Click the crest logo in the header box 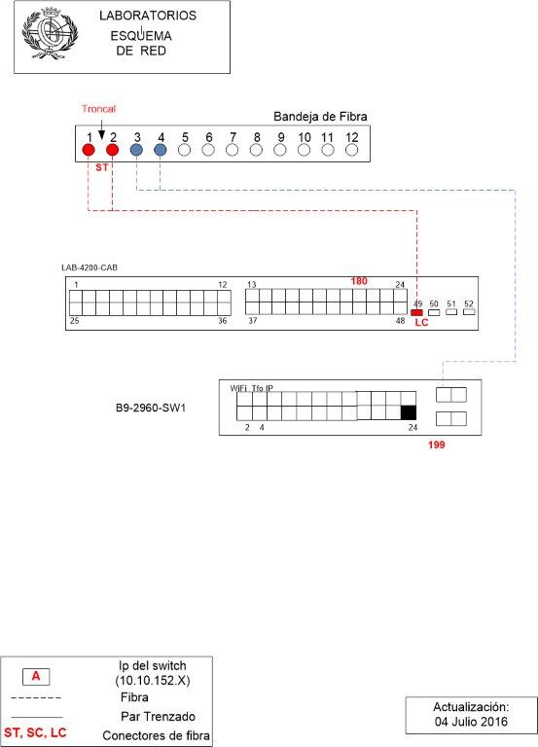pos(50,33)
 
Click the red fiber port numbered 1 pos(89,150)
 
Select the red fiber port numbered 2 pos(113,150)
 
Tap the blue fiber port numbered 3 pos(136,150)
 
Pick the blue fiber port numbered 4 pos(161,150)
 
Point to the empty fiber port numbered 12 pos(351,150)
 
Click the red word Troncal pos(98,109)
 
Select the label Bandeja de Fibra pos(320,117)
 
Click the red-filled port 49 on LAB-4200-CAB pos(416,312)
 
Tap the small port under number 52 pos(469,312)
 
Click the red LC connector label pos(421,323)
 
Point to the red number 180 pos(359,281)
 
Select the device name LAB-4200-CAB pos(90,267)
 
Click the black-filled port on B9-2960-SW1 pos(409,412)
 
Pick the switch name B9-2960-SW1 pos(151,409)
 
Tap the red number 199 pos(437,445)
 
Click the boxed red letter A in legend pos(36,676)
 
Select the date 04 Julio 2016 pos(471,722)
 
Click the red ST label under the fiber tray pos(101,167)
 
